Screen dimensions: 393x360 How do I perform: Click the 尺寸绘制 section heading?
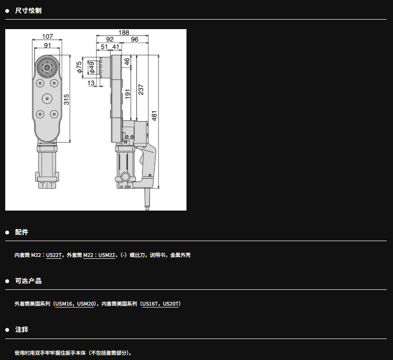28,11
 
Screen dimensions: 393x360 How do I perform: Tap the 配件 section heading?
21,233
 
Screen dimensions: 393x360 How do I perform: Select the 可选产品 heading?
28,281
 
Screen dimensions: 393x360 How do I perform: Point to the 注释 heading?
21,329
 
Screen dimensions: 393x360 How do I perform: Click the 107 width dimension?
47,37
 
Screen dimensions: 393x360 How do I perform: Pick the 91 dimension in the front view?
47,45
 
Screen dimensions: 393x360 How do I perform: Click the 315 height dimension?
66,100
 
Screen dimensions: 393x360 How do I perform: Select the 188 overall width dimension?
124,32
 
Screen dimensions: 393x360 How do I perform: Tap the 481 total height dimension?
155,116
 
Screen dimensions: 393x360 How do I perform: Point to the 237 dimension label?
141,90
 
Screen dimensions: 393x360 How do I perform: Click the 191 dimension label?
127,94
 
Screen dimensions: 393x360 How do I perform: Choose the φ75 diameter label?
79,67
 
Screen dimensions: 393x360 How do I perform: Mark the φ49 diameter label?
92,68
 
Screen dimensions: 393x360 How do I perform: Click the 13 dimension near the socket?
91,83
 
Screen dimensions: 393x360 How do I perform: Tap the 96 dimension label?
134,40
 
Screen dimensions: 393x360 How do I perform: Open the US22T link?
54,255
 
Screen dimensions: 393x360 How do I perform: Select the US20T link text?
171,304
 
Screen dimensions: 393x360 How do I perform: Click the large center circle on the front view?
47,98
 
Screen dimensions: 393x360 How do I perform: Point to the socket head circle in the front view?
47,67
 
